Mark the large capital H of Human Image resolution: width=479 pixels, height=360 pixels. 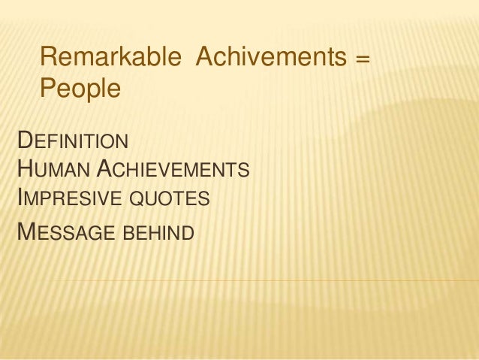pos(24,169)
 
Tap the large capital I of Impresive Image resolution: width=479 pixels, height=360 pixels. pos(20,198)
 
